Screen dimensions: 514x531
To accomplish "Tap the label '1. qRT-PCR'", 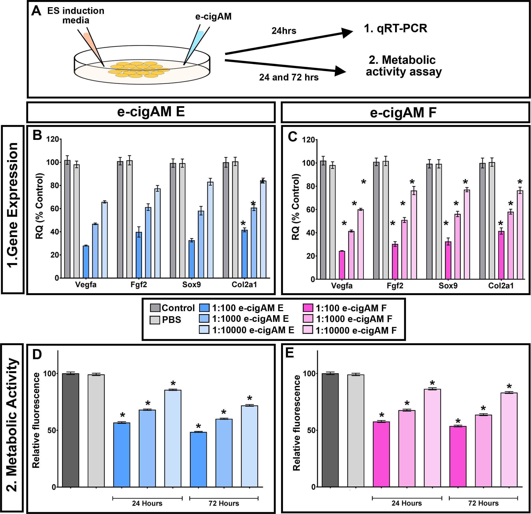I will point(395,28).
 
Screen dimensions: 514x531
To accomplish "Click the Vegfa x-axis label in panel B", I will point(86,285).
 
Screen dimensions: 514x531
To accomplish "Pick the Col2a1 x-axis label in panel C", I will point(501,286).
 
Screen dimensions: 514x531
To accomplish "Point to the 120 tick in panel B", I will point(52,139).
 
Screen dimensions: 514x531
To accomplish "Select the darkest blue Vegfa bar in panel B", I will point(86,262).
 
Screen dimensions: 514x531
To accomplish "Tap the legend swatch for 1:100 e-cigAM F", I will point(307,308).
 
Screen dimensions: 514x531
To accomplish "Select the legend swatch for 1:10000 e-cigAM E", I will point(204,330).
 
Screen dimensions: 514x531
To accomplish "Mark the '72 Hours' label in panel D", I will point(224,503).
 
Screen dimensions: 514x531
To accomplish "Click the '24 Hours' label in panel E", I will point(406,503).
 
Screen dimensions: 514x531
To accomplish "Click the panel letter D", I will point(37,355).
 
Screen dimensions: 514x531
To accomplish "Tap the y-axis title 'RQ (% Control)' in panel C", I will point(296,207).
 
